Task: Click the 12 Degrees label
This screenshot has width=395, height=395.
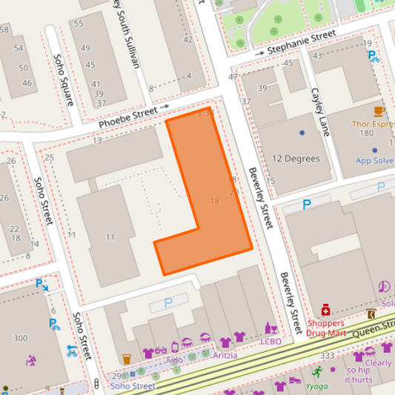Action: pyautogui.click(x=296, y=159)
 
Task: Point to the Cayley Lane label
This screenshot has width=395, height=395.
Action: pyautogui.click(x=319, y=112)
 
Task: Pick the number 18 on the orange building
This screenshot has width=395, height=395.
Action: pyautogui.click(x=215, y=202)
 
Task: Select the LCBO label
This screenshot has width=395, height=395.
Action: pyautogui.click(x=270, y=342)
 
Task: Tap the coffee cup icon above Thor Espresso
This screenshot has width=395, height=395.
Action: pyautogui.click(x=379, y=110)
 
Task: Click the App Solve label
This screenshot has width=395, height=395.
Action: pyautogui.click(x=374, y=160)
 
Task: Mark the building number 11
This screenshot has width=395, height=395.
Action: pyautogui.click(x=110, y=237)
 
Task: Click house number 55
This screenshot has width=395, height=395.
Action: pyautogui.click(x=78, y=24)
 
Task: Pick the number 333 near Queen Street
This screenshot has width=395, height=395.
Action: pyautogui.click(x=328, y=356)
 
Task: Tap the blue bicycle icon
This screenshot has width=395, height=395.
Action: pyautogui.click(x=72, y=351)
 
